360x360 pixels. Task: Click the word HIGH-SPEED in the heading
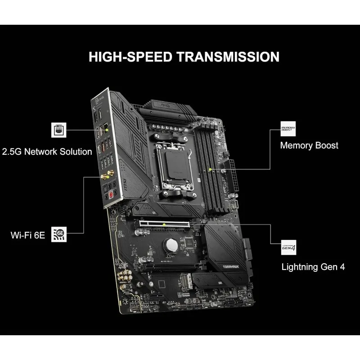pyautogui.click(x=129, y=57)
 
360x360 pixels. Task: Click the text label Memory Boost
pyautogui.click(x=309, y=145)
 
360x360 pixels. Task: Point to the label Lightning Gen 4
pyautogui.click(x=313, y=266)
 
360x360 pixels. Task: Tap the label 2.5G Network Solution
pyautogui.click(x=47, y=151)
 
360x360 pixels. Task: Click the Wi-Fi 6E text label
pyautogui.click(x=28, y=235)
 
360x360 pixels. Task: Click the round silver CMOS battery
pyautogui.click(x=171, y=245)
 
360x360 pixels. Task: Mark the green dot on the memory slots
pyautogui.click(x=211, y=170)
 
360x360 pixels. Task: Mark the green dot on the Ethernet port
pyautogui.click(x=107, y=130)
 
